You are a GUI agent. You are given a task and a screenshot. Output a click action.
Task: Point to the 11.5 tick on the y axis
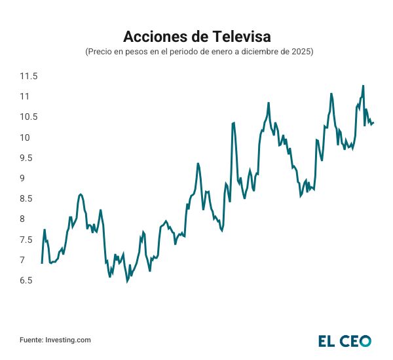pyautogui.click(x=28, y=77)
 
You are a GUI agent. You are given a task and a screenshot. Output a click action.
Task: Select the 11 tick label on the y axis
pyautogui.click(x=26, y=97)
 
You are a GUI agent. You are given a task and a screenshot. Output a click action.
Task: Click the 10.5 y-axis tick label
pyautogui.click(x=28, y=117)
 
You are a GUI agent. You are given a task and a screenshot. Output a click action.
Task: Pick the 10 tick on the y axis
pyautogui.click(x=26, y=137)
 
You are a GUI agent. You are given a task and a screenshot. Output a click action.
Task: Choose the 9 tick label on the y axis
pyautogui.click(x=24, y=178)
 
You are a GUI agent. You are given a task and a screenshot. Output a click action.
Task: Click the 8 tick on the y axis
pyautogui.click(x=24, y=219)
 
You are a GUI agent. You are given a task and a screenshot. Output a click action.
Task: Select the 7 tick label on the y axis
pyautogui.click(x=24, y=260)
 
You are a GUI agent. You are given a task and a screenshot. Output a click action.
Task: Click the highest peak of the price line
pyautogui.click(x=363, y=86)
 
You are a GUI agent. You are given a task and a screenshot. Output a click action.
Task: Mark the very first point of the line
pyautogui.click(x=42, y=263)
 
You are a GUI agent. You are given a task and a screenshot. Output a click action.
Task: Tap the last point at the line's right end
pyautogui.click(x=373, y=122)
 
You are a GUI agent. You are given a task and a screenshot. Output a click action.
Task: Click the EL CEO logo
pyautogui.click(x=345, y=340)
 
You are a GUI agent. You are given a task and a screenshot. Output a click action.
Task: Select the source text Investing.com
pyautogui.click(x=67, y=340)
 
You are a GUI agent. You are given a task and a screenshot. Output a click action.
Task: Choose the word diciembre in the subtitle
pyautogui.click(x=253, y=51)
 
